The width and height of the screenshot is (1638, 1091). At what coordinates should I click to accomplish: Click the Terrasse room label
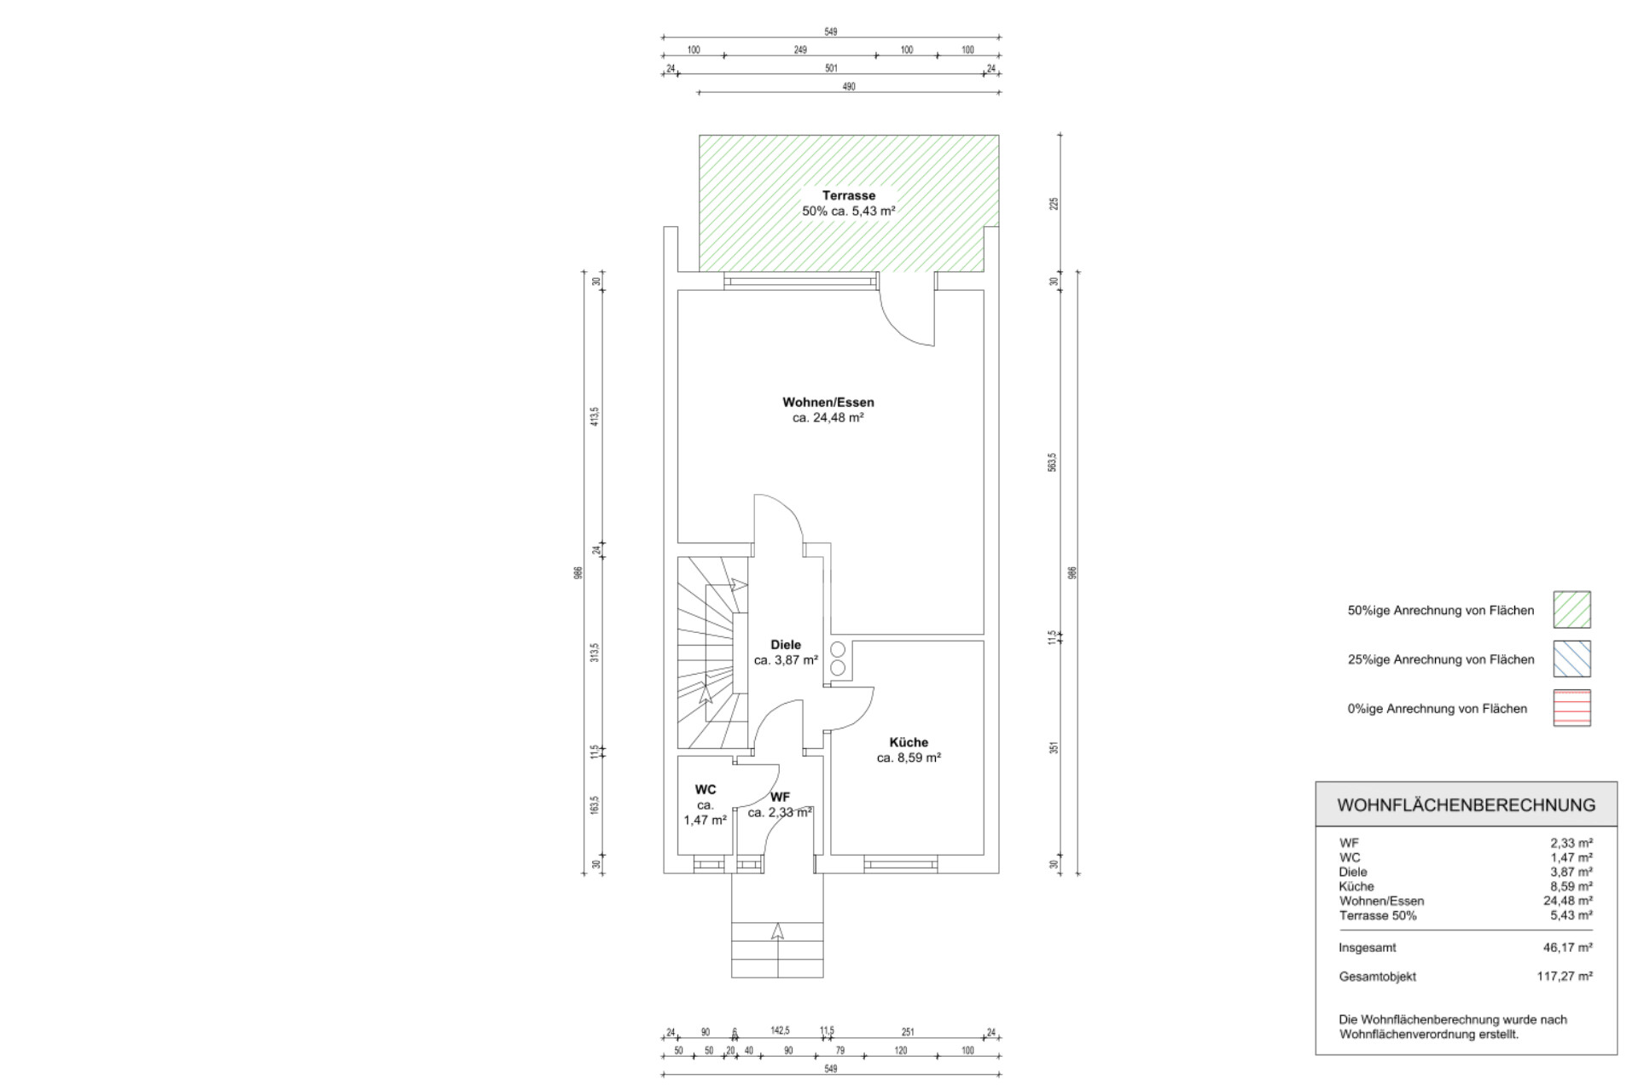click(849, 195)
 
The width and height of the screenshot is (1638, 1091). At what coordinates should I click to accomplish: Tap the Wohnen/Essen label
click(828, 402)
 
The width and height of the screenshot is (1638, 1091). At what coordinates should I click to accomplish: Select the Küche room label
click(909, 742)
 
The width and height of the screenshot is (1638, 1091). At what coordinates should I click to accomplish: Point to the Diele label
click(786, 645)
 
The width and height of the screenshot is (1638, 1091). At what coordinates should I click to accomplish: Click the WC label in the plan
click(706, 790)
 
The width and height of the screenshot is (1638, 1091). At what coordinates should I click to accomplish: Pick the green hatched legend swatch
click(1571, 610)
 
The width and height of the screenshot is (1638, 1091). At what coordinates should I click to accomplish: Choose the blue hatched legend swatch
click(1571, 659)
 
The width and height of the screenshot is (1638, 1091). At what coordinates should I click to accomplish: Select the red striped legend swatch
click(1571, 708)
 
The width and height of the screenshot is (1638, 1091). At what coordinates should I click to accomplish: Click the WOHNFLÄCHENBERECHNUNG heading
click(1466, 805)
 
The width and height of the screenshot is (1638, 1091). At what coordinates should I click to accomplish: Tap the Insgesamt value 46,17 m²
click(1567, 948)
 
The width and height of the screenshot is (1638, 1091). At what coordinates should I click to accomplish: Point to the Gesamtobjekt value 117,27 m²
click(1565, 977)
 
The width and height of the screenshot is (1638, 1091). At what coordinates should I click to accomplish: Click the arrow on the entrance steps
click(777, 931)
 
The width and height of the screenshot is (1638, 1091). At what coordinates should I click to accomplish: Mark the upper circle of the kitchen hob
click(838, 650)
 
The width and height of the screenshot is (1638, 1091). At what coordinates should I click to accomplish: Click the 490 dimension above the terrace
click(849, 87)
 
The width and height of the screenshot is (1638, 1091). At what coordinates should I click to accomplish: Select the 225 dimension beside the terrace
click(1054, 204)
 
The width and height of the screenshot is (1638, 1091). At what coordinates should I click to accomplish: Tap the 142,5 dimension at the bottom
click(780, 1030)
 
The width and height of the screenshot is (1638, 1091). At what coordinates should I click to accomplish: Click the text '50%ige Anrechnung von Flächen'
click(1441, 611)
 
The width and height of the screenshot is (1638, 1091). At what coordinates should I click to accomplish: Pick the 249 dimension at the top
click(800, 50)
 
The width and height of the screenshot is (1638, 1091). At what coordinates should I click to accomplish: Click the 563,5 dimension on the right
click(1053, 462)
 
